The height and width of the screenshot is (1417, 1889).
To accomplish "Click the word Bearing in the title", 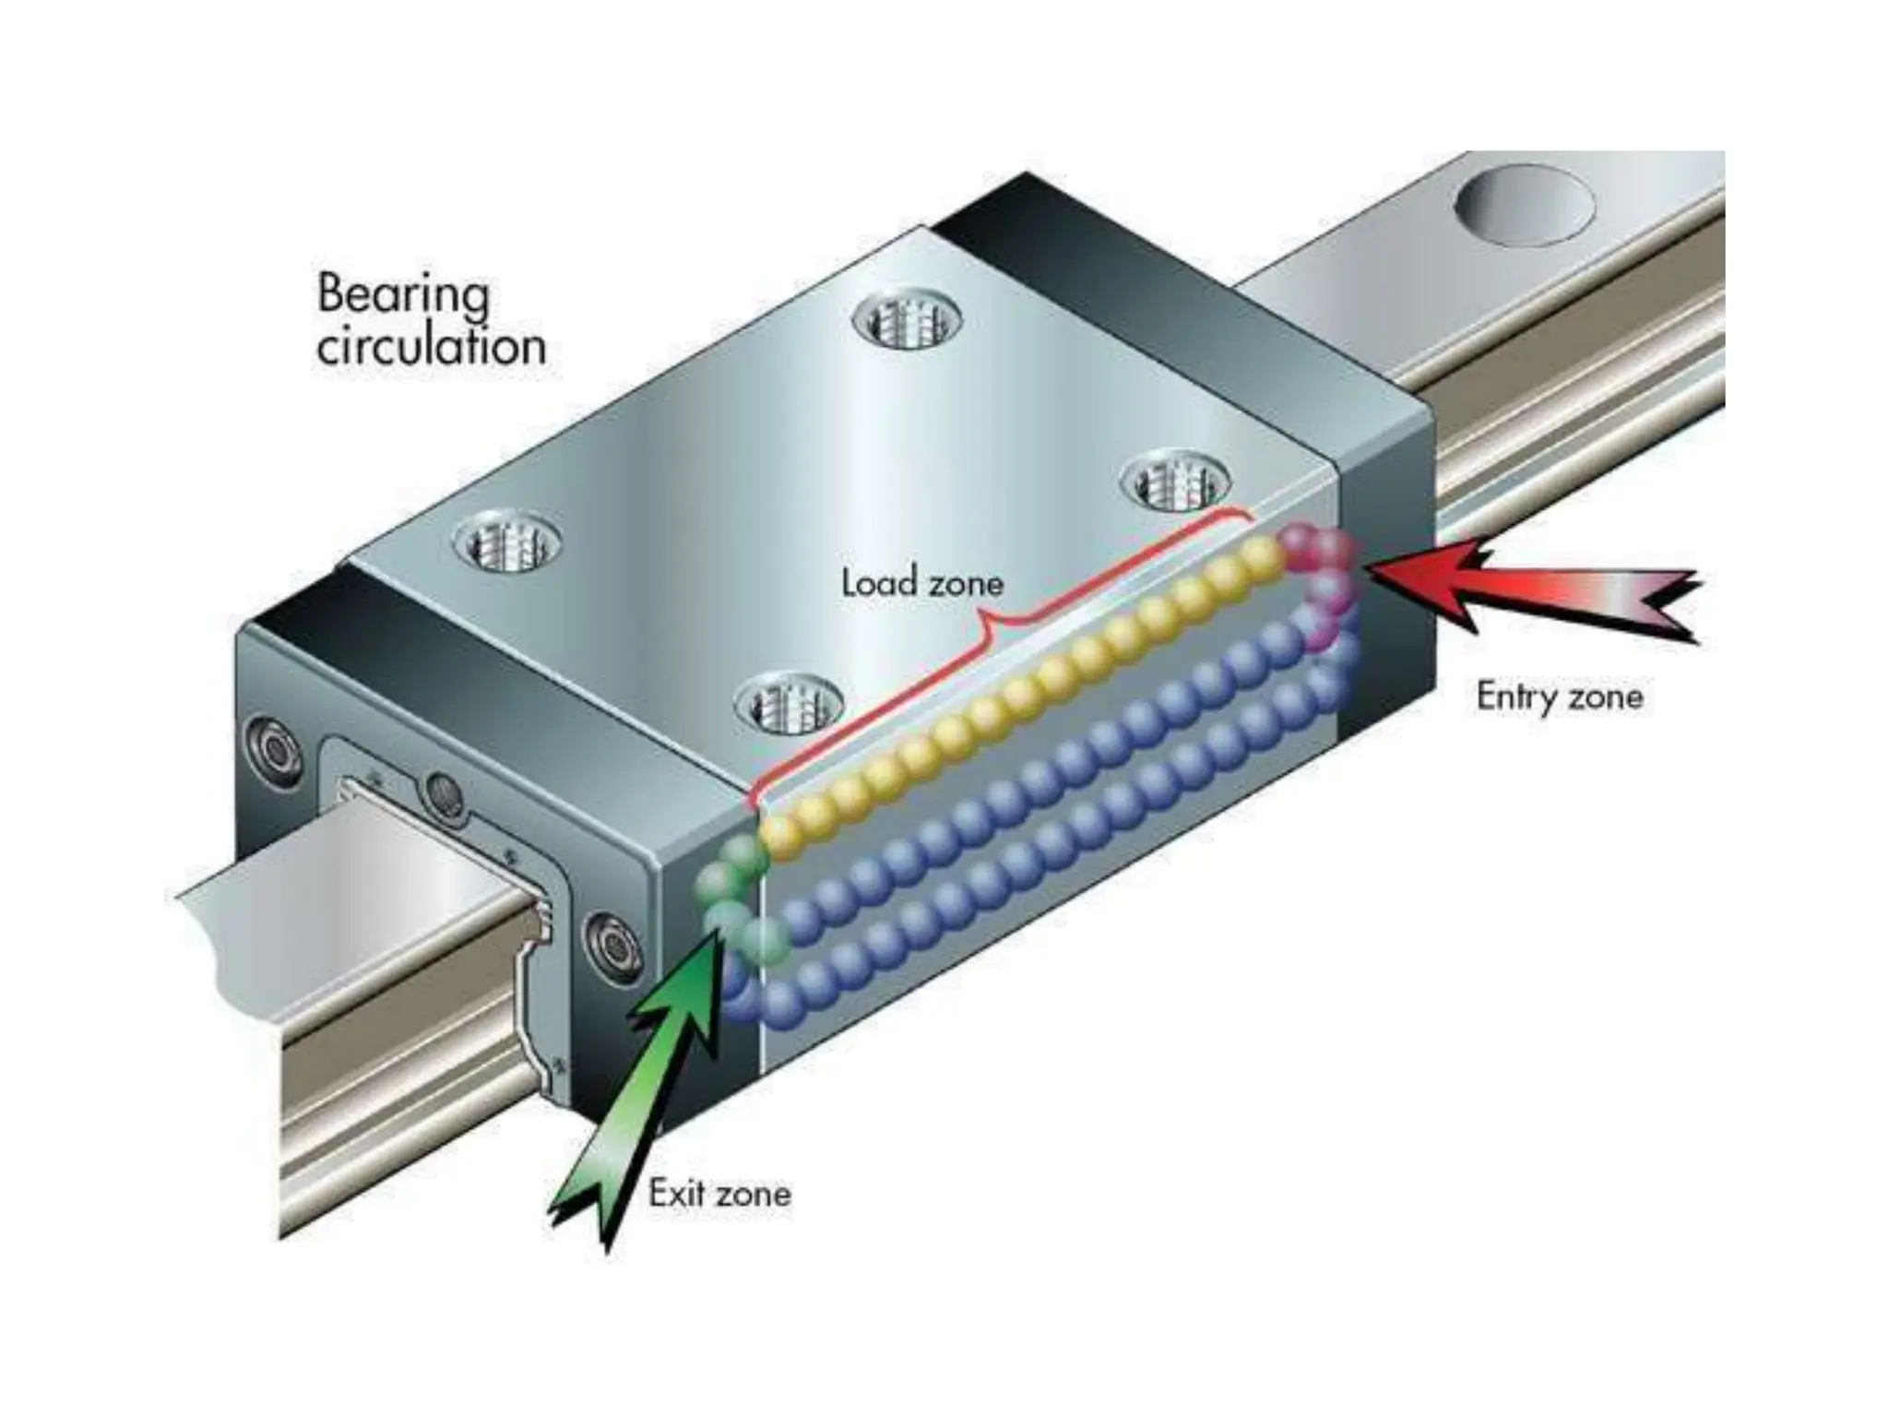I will (x=403, y=294).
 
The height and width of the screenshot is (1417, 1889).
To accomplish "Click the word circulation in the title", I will (x=431, y=347).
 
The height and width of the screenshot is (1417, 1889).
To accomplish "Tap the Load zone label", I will (x=921, y=583).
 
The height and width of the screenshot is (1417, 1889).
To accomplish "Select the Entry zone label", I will (x=1559, y=696).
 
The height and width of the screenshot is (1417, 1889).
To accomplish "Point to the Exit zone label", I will (x=719, y=1193).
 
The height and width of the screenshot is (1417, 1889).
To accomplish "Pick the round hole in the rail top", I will (x=1524, y=206).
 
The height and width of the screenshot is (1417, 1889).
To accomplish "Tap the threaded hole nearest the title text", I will (x=508, y=543).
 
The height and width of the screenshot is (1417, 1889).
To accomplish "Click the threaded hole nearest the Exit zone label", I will (x=790, y=703).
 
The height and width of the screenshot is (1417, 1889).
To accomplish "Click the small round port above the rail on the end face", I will (x=444, y=792).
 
